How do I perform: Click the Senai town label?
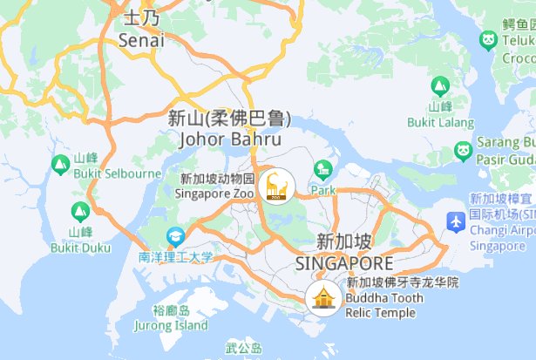click(142, 40)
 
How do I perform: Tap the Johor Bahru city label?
click(229, 139)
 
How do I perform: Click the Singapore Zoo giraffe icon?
click(280, 184)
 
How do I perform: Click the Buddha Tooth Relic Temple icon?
click(324, 297)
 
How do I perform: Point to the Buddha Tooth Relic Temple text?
click(384, 305)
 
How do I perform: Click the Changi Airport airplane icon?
click(454, 221)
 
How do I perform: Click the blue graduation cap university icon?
click(176, 236)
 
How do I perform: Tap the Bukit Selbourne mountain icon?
click(60, 163)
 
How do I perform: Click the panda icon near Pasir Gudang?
click(463, 152)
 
